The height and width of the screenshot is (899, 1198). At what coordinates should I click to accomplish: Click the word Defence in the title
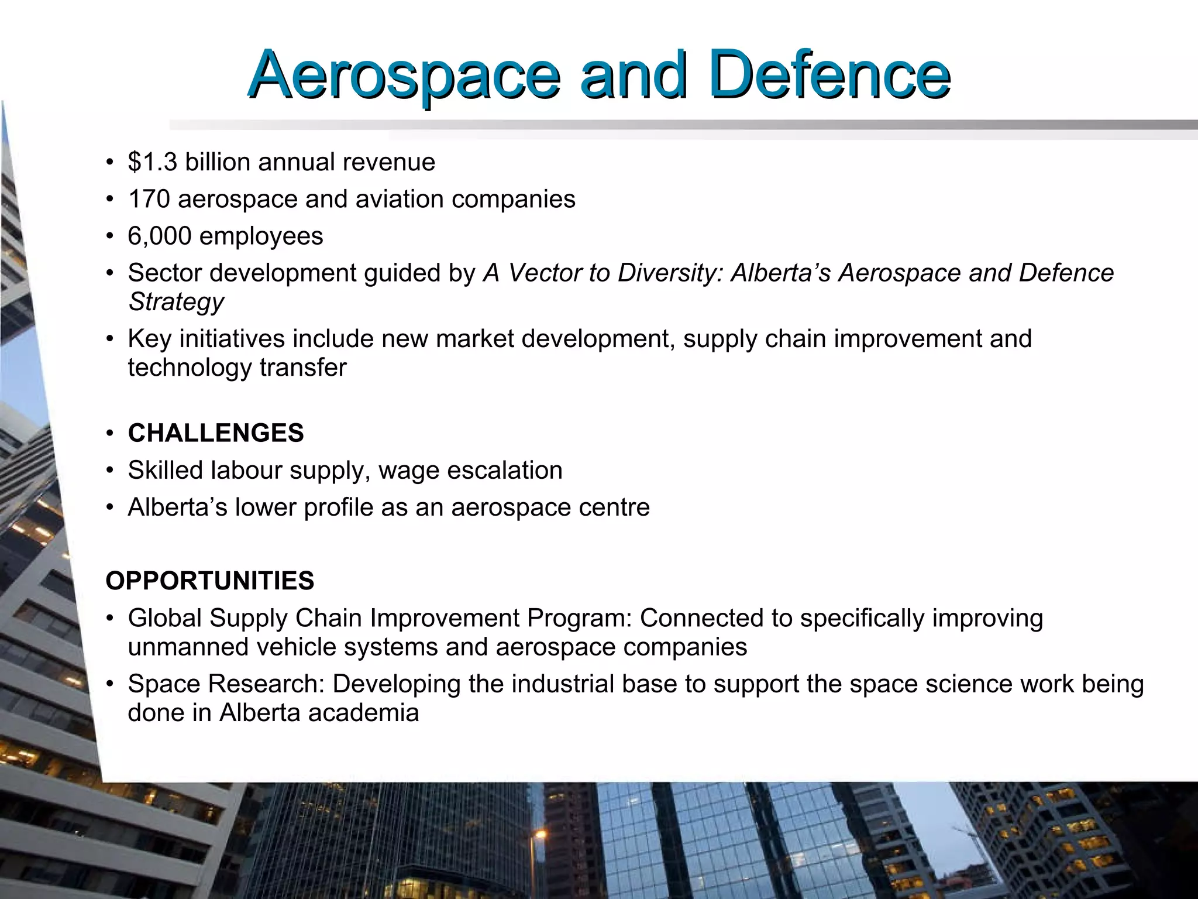tap(829, 76)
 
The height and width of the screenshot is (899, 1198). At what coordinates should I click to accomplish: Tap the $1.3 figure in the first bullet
tap(152, 162)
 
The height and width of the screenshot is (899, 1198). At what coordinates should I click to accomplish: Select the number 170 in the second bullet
tap(149, 199)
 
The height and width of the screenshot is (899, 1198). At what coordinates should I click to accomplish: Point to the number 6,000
tap(159, 236)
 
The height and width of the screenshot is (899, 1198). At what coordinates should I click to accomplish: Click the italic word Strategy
tap(176, 302)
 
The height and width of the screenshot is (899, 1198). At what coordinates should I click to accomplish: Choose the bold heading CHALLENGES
tap(216, 433)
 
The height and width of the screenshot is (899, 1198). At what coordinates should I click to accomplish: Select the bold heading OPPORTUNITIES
tap(210, 581)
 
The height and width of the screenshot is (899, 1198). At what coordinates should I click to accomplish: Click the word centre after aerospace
tap(614, 507)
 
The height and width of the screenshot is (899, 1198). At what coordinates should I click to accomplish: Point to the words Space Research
tap(226, 684)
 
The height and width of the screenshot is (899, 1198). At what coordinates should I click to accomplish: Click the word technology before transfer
tap(190, 368)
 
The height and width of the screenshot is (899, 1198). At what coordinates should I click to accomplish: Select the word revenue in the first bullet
tap(389, 162)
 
